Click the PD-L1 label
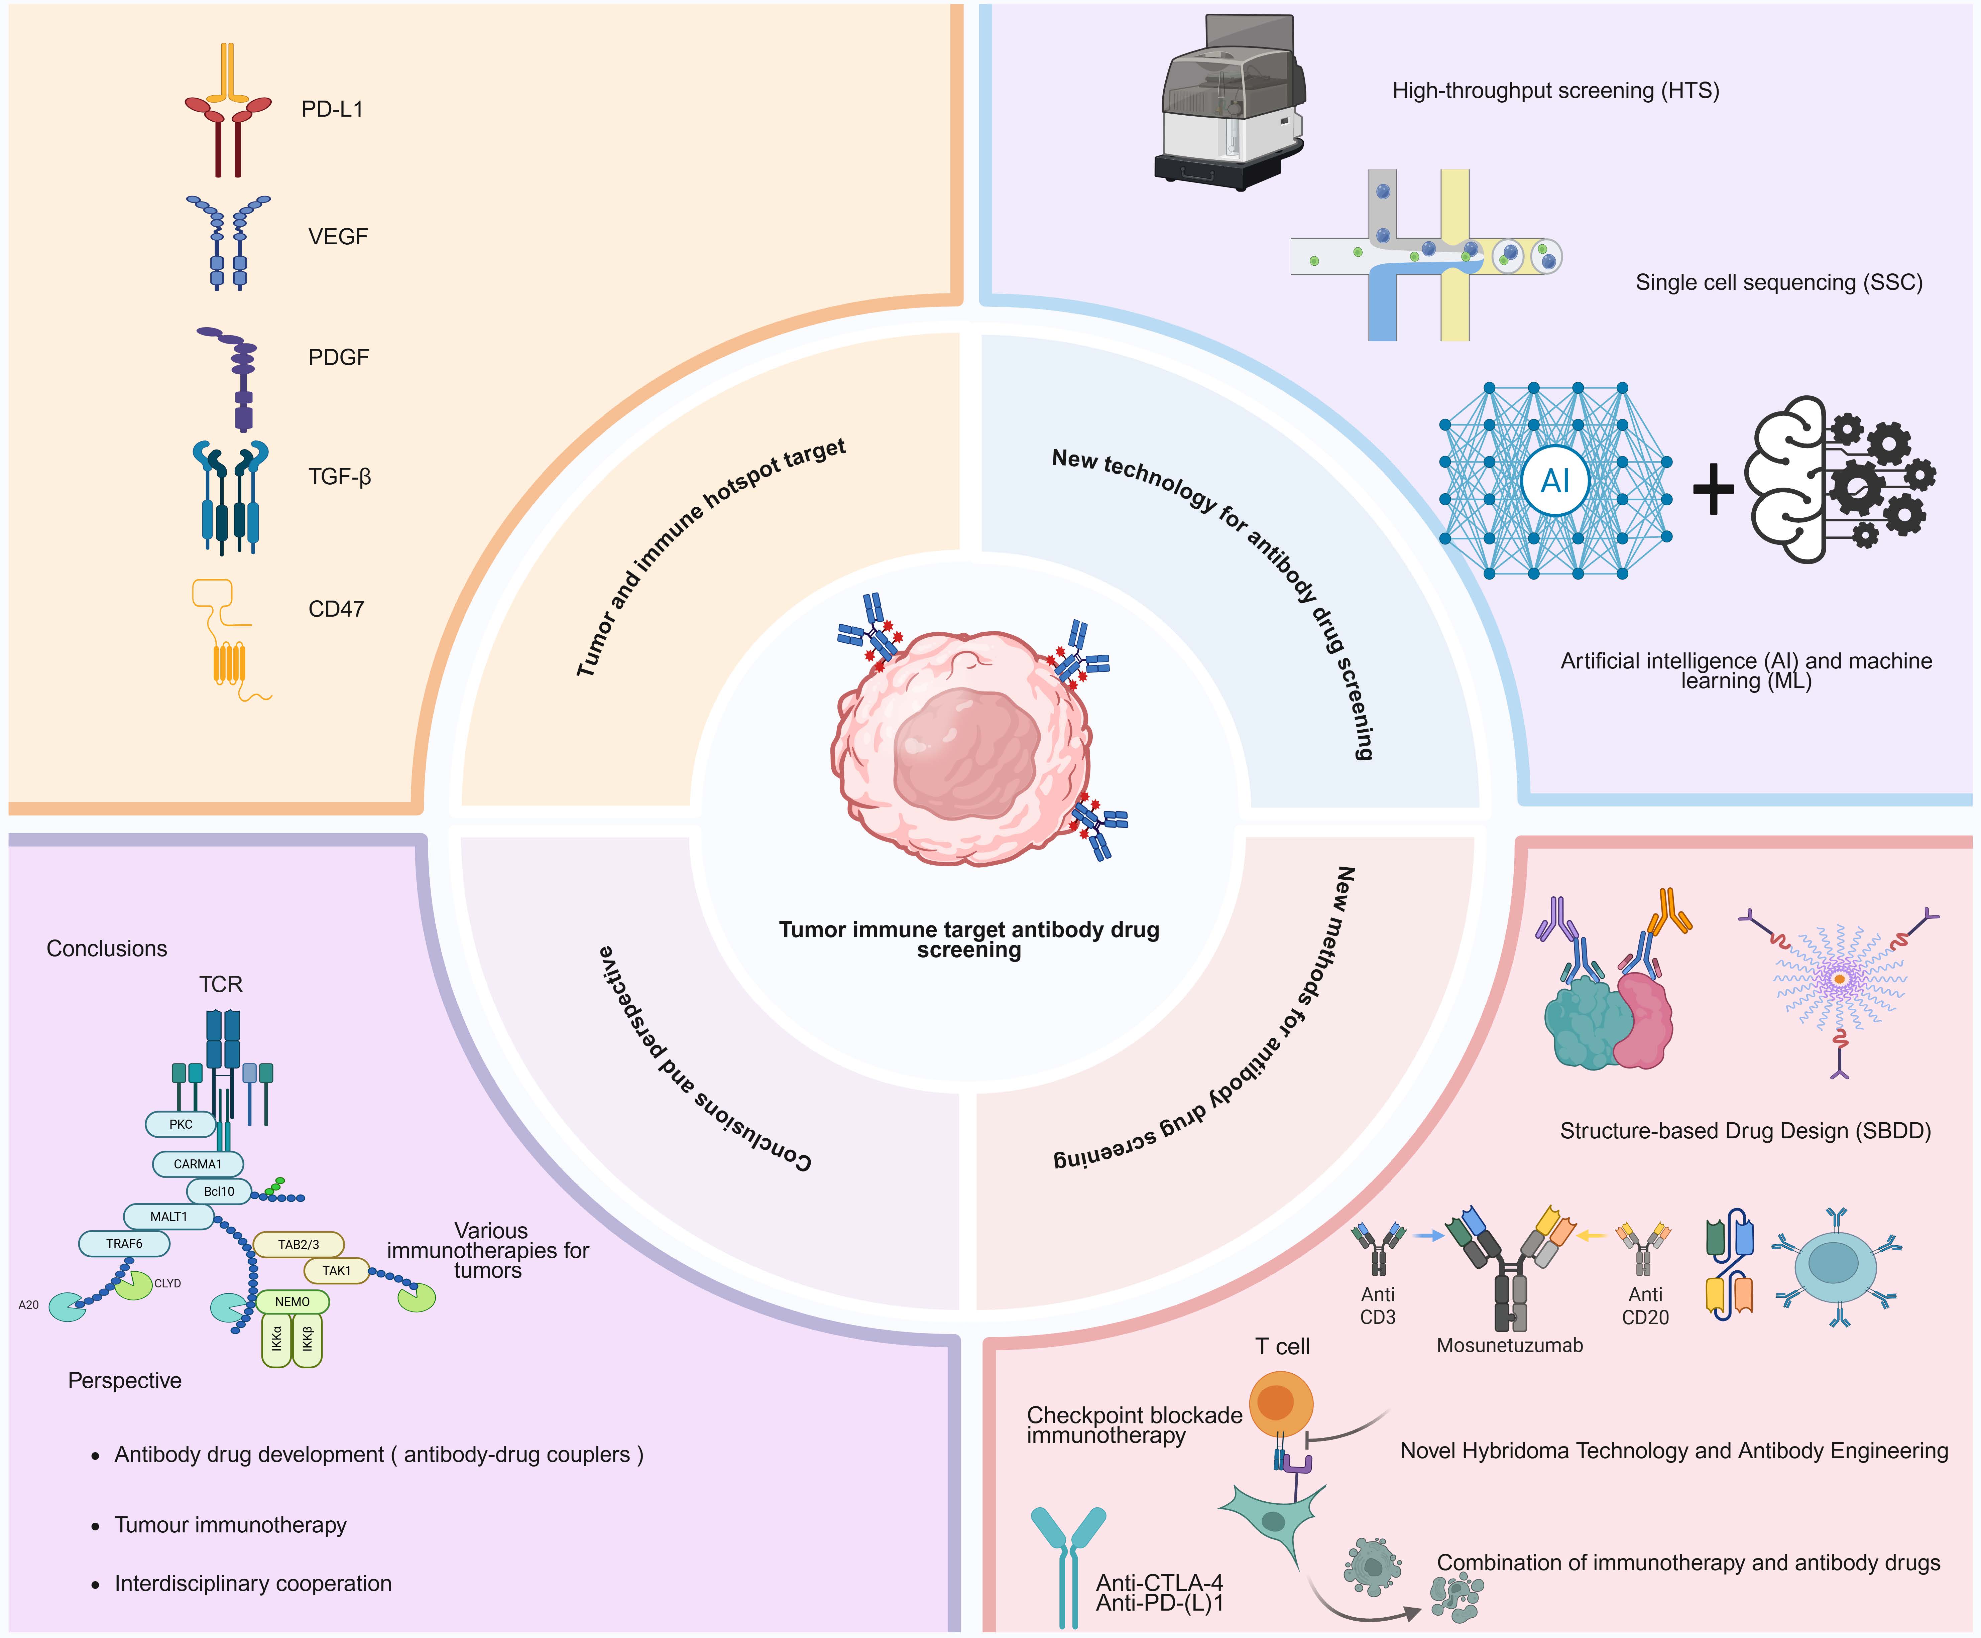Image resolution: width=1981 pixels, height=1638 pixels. coord(332,109)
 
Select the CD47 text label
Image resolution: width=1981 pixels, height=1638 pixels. coord(336,609)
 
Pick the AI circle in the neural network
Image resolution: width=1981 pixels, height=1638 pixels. coord(1554,481)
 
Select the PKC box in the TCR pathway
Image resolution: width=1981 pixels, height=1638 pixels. coord(180,1124)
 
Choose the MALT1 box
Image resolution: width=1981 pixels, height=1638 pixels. coord(168,1217)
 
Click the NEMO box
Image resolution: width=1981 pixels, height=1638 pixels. coord(293,1301)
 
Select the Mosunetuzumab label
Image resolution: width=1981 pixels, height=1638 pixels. coord(1509,1346)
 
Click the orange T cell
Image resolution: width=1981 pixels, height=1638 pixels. coord(1280,1403)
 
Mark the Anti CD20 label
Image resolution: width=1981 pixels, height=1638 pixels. coord(1645,1306)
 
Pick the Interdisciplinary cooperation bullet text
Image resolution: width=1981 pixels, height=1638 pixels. coord(253,1583)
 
